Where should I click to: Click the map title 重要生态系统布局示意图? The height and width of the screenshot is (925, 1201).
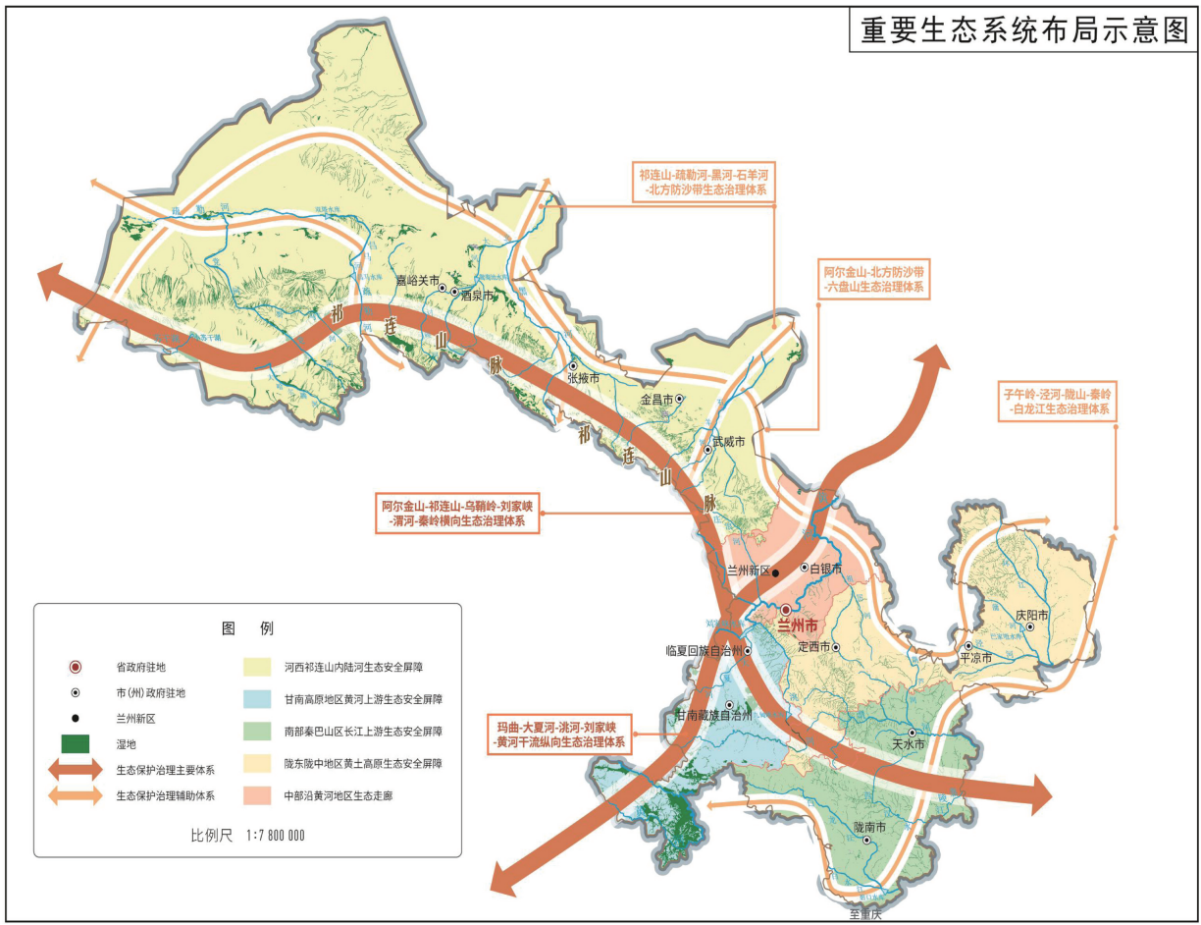tap(1023, 29)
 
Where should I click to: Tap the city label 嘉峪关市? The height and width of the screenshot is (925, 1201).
tap(415, 281)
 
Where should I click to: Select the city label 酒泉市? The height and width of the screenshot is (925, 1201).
tap(476, 295)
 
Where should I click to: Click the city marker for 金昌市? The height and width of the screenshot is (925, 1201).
tap(679, 399)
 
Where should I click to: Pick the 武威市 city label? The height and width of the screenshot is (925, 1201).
tap(729, 441)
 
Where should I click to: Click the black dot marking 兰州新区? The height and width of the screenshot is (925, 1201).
tap(775, 572)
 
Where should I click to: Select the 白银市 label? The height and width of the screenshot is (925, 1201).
tap(828, 568)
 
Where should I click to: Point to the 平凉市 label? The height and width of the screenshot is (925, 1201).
tap(975, 658)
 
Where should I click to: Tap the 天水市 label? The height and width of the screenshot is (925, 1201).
tap(909, 745)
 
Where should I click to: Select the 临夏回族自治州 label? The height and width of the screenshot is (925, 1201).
tap(702, 650)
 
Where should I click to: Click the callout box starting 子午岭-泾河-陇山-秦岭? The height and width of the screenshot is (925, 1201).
tap(1055, 402)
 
